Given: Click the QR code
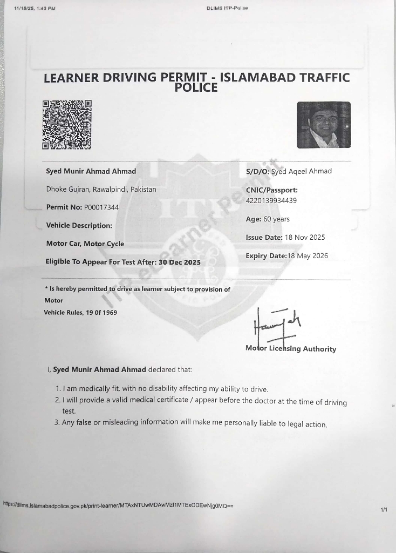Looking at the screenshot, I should click(67, 125).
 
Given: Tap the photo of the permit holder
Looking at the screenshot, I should click(324, 125).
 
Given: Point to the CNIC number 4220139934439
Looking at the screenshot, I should click(271, 201).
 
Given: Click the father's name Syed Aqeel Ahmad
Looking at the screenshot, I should click(302, 171).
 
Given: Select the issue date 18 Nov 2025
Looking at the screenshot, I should click(305, 238).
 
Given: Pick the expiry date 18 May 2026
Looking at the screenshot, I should click(308, 256).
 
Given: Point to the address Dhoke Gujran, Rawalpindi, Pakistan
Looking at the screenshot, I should click(101, 190).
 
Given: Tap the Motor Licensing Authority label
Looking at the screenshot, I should click(291, 349).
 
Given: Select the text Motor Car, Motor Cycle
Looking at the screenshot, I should click(85, 244).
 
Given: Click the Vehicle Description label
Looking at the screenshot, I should click(79, 226).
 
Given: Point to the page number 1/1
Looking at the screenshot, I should click(384, 509).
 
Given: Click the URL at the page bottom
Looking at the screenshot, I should click(118, 505).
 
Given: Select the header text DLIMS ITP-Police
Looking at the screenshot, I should click(227, 8).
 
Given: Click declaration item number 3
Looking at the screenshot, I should click(192, 423).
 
